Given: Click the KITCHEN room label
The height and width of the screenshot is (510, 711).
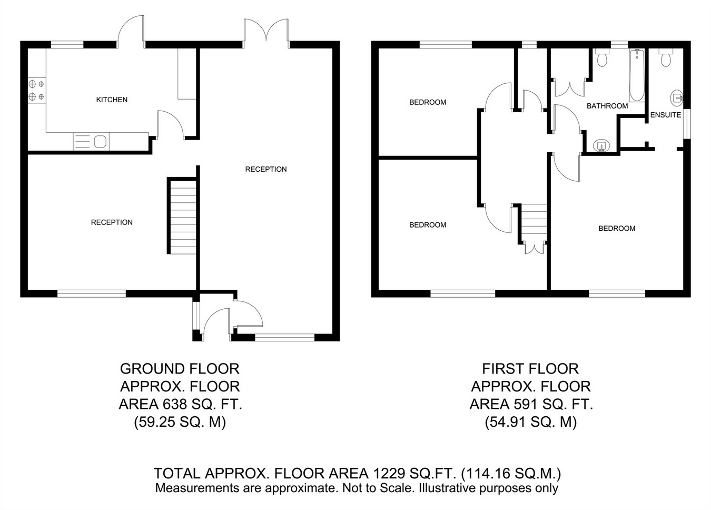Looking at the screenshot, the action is click(112, 100).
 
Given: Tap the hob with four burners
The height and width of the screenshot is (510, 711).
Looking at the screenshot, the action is click(37, 90).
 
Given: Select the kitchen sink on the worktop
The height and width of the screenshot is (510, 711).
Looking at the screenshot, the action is click(91, 142).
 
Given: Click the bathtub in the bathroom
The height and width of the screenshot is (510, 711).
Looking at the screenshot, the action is click(637, 75).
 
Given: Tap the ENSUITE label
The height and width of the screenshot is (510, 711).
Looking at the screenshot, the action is click(666, 115).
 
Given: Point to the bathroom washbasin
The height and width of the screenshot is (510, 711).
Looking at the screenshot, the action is click(601, 146).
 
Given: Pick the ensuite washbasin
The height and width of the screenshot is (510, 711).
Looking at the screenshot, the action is click(677, 97).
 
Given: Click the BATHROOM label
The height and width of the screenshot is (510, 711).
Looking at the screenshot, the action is click(607, 106).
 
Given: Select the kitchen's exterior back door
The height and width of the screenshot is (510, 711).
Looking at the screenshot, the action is click(131, 32).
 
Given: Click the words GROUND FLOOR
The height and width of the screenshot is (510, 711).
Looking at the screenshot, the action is click(180, 369).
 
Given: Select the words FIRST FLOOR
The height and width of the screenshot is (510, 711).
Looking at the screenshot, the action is click(531, 369).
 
